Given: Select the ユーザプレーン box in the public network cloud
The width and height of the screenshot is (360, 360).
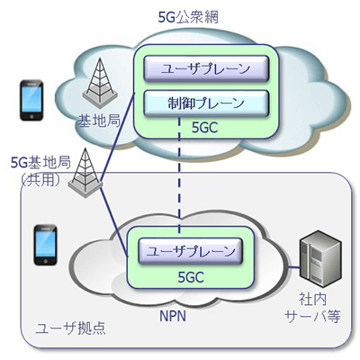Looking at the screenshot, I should click(202, 67).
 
